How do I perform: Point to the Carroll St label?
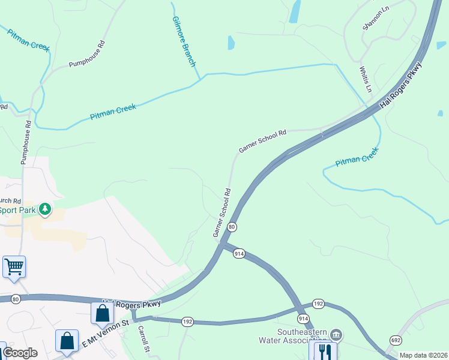[x=143, y=339]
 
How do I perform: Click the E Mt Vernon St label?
[x=106, y=332]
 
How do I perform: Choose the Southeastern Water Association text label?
[x=301, y=337]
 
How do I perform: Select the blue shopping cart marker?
[x=14, y=266]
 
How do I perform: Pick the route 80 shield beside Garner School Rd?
[x=232, y=227]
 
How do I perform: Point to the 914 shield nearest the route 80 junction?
[x=239, y=254]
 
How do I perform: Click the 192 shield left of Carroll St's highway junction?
[x=187, y=322]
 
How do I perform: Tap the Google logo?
[x=20, y=353]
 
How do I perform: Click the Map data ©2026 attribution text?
[x=423, y=355]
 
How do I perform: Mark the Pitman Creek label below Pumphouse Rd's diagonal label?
[x=113, y=112]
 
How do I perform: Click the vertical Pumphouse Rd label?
[x=26, y=142]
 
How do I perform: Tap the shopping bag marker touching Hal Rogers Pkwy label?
[x=103, y=313]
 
